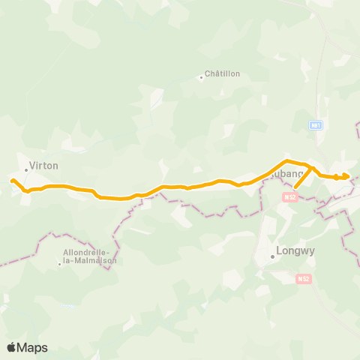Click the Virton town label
click(x=43, y=166)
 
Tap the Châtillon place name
click(x=223, y=73)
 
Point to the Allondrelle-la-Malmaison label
click(x=90, y=256)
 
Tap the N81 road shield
click(x=316, y=126)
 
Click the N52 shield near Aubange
click(x=291, y=197)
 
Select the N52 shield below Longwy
click(x=303, y=279)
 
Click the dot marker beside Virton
click(x=26, y=169)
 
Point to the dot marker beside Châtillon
click(x=202, y=76)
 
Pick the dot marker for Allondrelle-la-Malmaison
click(x=60, y=263)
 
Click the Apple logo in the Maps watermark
click(x=12, y=347)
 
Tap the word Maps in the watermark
click(x=33, y=347)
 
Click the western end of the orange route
click(x=12, y=181)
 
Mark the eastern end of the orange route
click(x=348, y=177)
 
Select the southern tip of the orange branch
click(x=295, y=187)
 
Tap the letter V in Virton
click(x=31, y=166)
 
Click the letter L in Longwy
click(x=280, y=252)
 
